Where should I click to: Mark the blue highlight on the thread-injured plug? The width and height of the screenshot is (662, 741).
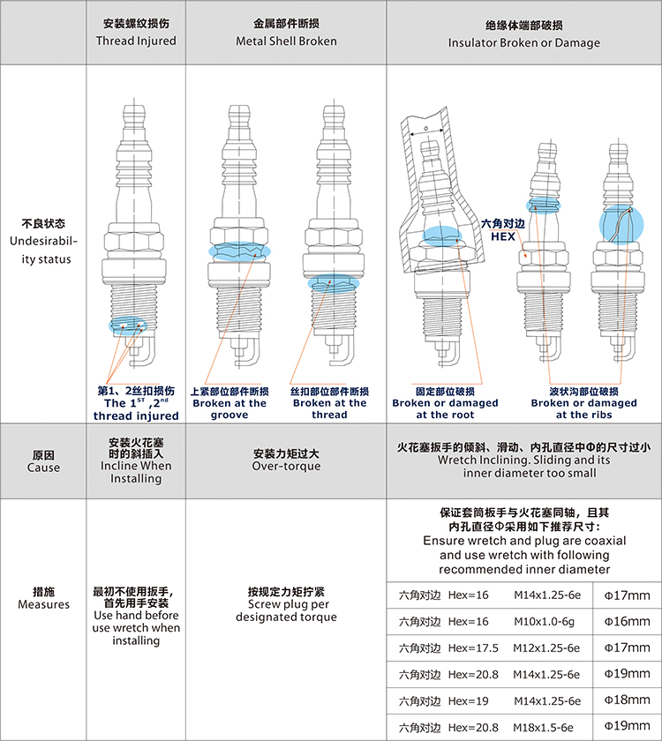coord(128,326)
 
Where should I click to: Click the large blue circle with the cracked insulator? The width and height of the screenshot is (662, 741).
coord(621,224)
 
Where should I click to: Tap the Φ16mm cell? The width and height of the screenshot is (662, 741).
coord(627,621)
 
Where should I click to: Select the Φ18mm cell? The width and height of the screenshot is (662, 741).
coord(627,700)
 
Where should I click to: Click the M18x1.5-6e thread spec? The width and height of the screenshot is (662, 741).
coord(544,727)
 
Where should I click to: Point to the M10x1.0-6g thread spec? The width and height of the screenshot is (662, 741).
coord(545,621)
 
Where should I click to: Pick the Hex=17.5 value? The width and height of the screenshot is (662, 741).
coord(473,647)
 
